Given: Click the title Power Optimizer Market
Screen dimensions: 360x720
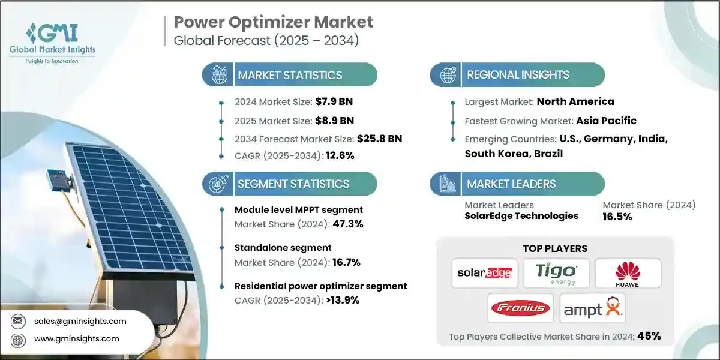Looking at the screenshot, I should [273, 22].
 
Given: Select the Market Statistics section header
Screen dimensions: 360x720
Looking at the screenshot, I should [290, 75].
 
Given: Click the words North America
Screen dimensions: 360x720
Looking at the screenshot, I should [575, 101].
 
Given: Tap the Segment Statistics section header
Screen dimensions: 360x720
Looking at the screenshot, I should [293, 184].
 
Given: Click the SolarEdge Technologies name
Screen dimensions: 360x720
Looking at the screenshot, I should [521, 216].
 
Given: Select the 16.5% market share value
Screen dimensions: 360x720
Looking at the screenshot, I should [617, 217].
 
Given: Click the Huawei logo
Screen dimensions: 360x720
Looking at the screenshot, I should [628, 273].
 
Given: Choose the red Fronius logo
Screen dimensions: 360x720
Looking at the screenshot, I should [520, 308].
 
